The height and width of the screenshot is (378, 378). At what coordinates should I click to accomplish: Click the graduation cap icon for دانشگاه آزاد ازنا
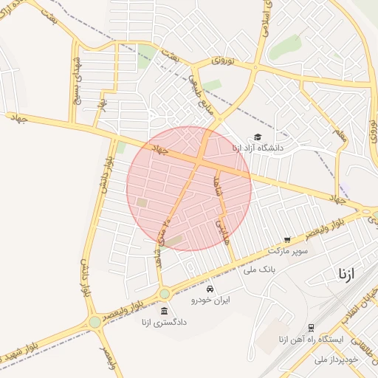(258, 137)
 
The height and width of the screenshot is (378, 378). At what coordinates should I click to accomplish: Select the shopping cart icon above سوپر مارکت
(287, 240)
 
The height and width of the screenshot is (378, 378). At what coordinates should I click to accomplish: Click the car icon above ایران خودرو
(211, 288)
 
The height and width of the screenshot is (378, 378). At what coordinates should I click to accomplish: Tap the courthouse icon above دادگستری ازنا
(164, 310)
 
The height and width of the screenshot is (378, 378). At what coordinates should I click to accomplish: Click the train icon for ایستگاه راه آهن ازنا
(311, 327)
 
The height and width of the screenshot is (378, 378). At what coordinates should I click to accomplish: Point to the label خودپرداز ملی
(335, 360)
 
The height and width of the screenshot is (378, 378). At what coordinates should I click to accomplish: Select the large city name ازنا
(346, 274)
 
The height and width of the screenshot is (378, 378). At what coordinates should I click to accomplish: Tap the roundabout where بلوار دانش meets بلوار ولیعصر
(94, 322)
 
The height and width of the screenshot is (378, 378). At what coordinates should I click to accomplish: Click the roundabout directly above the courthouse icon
(164, 294)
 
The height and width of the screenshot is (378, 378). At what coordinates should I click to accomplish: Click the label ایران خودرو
(211, 300)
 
